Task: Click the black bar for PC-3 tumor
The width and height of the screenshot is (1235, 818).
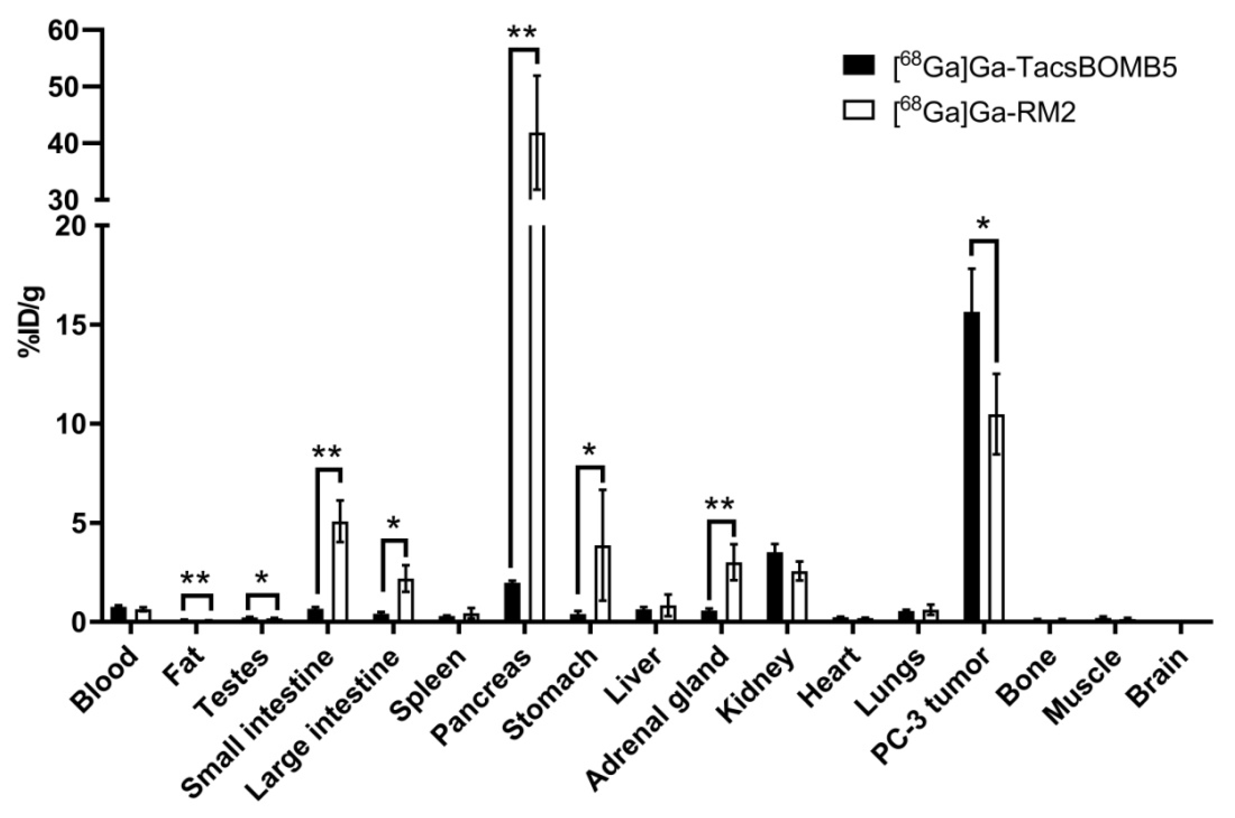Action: tap(971, 467)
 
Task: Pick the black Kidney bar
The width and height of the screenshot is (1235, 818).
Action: tap(775, 587)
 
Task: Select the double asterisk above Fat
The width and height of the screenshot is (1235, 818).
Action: tap(195, 580)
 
